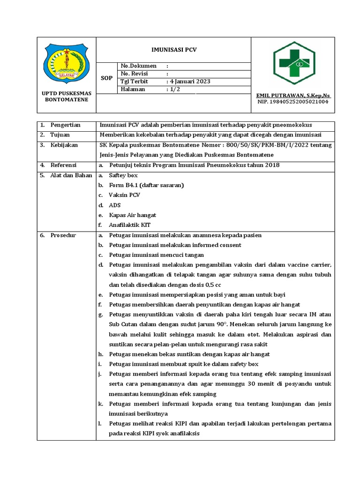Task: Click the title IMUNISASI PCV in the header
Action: pyautogui.click(x=173, y=49)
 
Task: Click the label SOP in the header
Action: pyautogui.click(x=107, y=78)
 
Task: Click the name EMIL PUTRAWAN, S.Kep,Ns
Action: pyautogui.click(x=293, y=95)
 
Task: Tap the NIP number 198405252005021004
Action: pyautogui.click(x=293, y=101)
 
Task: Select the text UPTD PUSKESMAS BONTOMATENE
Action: pyautogui.click(x=66, y=96)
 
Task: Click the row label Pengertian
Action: pyautogui.click(x=66, y=125)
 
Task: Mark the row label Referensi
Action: pyautogui.click(x=64, y=165)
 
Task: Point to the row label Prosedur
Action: pyautogui.click(x=63, y=235)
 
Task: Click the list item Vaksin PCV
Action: pyautogui.click(x=124, y=195)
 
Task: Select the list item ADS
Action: pyautogui.click(x=115, y=205)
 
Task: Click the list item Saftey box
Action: pyautogui.click(x=123, y=175)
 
